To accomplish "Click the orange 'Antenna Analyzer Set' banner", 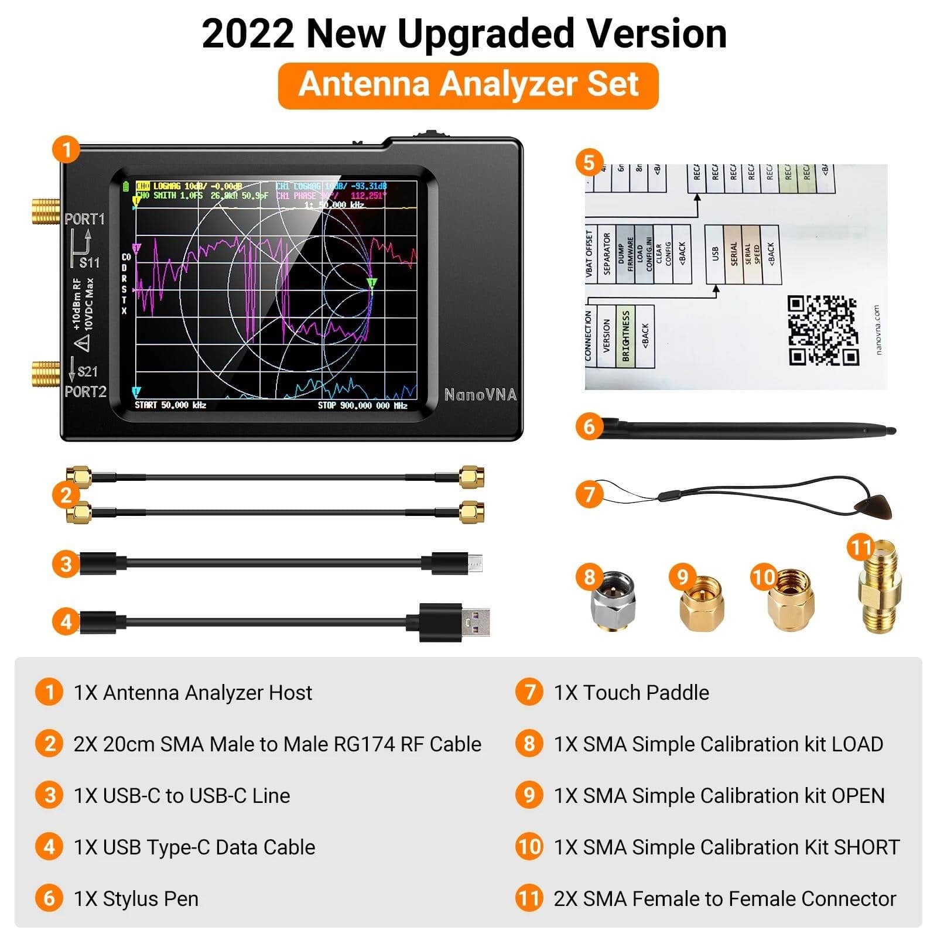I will [x=468, y=85].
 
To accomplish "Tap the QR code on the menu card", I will [x=822, y=330].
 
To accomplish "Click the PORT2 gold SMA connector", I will [x=46, y=374].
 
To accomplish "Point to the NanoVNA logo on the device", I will [x=480, y=395].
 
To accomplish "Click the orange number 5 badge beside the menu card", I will [x=589, y=162].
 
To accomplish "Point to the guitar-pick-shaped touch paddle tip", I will [x=877, y=505].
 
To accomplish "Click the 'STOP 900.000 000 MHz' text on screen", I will [x=363, y=405].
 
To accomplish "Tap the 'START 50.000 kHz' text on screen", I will [x=170, y=405].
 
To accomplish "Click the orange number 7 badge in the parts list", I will [x=529, y=692].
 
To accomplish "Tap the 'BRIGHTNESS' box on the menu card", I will [x=625, y=336].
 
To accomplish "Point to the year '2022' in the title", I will [x=248, y=34].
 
